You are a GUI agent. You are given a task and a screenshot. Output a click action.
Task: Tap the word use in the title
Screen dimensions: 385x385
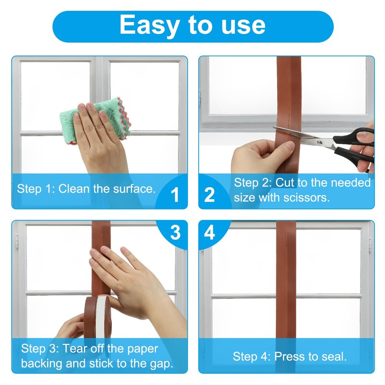(243, 26)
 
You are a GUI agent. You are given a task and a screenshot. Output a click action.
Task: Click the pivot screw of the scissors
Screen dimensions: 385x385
(320, 142)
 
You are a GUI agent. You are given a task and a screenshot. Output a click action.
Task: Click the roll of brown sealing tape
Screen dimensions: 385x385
(97, 319)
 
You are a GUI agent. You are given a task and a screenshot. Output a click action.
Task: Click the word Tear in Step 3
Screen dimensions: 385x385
(73, 348)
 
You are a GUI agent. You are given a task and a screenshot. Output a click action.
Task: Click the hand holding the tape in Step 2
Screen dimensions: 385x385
(260, 156)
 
